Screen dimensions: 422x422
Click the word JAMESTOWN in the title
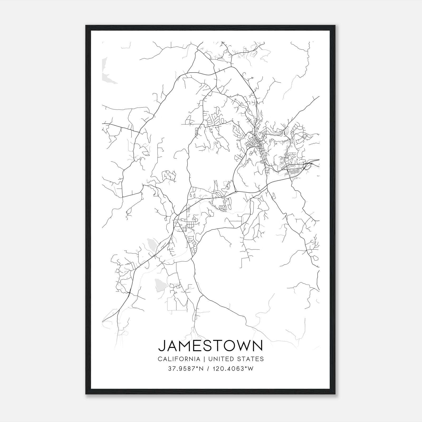click(210, 346)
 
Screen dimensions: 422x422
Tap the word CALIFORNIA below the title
click(175, 359)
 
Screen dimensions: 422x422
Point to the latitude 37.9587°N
click(186, 369)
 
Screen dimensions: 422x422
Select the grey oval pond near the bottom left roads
click(160, 285)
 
